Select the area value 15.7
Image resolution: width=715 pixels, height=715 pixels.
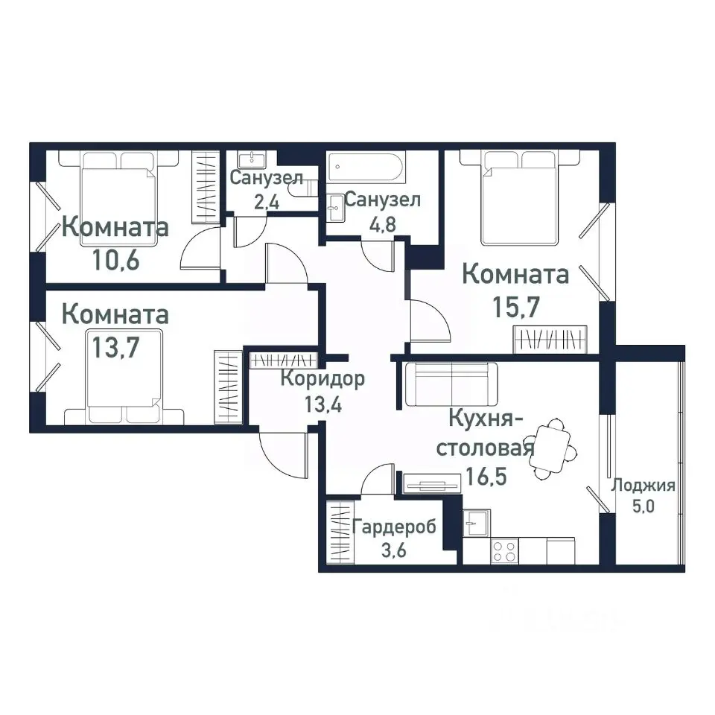(x=516, y=305)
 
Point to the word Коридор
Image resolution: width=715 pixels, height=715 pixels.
(x=322, y=379)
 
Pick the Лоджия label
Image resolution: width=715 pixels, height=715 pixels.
(x=643, y=486)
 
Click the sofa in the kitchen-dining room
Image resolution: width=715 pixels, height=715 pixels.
(x=451, y=384)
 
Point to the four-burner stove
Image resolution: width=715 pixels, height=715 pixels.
(x=504, y=552)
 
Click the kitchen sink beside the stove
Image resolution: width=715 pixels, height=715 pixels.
(x=476, y=524)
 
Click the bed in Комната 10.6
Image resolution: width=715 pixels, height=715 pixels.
(x=119, y=195)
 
